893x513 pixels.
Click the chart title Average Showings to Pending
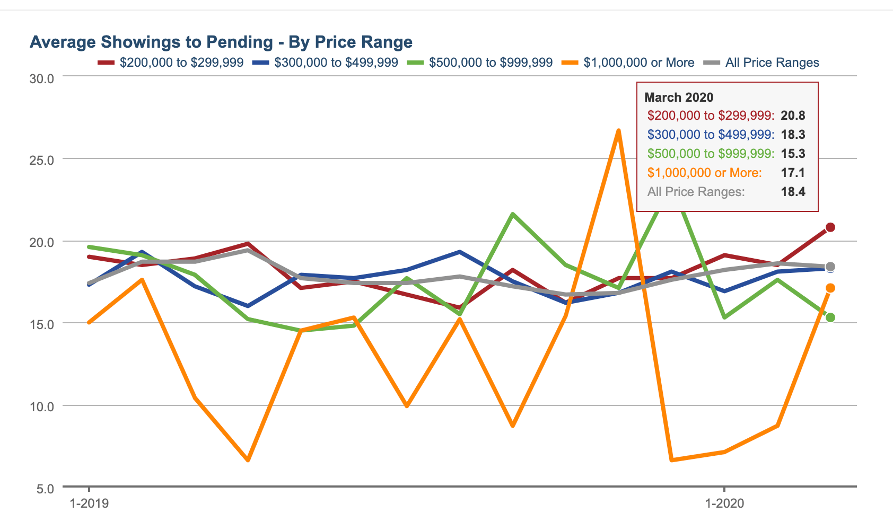click(221, 42)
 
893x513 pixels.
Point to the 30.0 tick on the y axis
click(41, 79)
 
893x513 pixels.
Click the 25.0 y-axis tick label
click(41, 161)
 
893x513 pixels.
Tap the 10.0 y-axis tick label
click(41, 407)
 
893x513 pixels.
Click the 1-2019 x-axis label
click(89, 503)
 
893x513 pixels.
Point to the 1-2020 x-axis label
click(724, 503)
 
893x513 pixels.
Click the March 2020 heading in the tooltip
click(679, 98)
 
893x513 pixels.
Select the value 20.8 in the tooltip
click(793, 116)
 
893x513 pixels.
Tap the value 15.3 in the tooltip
click(793, 154)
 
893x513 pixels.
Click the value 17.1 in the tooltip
click(793, 173)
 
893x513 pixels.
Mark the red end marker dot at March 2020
click(830, 227)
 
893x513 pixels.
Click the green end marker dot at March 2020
click(830, 317)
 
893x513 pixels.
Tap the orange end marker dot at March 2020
click(830, 288)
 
